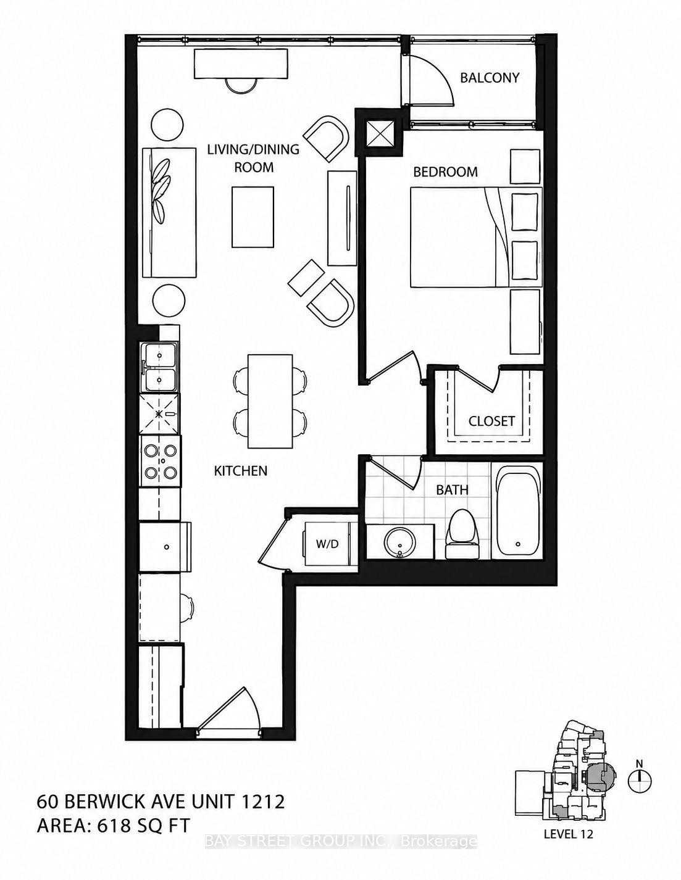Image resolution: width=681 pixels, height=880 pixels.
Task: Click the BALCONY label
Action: tap(490, 78)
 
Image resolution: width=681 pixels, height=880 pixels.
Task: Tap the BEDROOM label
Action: tap(445, 172)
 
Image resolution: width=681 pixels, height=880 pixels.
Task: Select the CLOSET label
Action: tap(491, 421)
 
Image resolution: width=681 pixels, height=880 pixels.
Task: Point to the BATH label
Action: tap(452, 490)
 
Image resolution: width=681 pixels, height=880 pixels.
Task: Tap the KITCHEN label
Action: tap(241, 471)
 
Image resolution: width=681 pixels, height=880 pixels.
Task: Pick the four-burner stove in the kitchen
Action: tap(161, 461)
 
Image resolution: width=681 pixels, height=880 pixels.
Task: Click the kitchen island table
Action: tap(270, 401)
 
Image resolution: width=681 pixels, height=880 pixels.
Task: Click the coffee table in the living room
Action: tap(253, 217)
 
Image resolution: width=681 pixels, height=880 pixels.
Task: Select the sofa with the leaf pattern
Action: tap(170, 212)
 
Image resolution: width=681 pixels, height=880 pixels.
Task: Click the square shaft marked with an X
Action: tap(380, 134)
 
